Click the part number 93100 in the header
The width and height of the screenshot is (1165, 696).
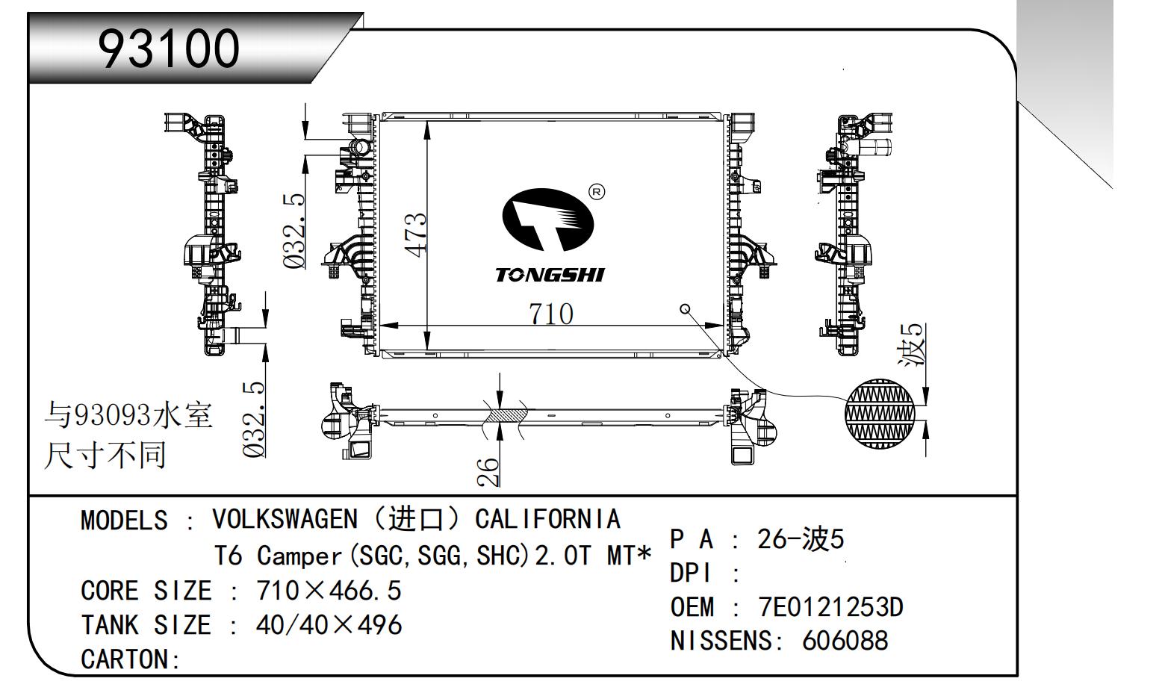[x=170, y=49]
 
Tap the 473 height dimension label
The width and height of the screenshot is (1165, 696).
[x=417, y=234]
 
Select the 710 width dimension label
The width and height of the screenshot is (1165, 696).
[x=551, y=314]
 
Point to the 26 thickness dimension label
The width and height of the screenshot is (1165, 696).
[x=487, y=471]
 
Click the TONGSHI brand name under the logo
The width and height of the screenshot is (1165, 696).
[x=549, y=276]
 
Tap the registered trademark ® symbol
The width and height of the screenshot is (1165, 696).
[x=597, y=192]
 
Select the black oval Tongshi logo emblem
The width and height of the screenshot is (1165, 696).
[x=546, y=220]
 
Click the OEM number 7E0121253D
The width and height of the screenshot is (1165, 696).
[x=830, y=607]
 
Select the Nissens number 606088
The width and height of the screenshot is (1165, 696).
[x=845, y=641]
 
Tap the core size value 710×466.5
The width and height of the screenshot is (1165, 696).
[x=329, y=591]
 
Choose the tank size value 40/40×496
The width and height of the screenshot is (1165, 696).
[x=329, y=625]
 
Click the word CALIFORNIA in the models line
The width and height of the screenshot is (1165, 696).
[x=547, y=518]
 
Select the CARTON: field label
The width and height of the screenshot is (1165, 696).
[x=131, y=659]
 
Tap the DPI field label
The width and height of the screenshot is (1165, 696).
[x=692, y=574]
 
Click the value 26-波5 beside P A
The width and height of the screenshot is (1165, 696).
[x=800, y=539]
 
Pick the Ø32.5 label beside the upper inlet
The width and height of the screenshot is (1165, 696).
[x=294, y=231]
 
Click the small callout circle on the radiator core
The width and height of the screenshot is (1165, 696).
[x=685, y=309]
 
